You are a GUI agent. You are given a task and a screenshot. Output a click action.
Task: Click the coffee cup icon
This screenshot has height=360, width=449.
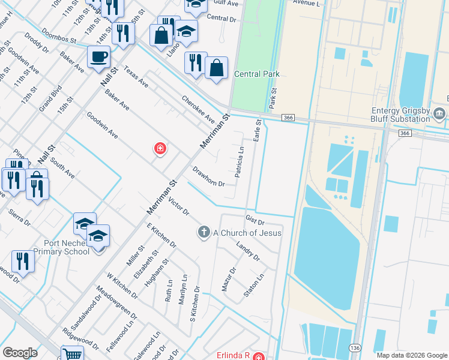point(98,58)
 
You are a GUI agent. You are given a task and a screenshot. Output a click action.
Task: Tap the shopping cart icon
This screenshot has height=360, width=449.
point(72,355)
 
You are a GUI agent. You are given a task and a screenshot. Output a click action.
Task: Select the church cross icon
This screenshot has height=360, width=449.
point(204,232)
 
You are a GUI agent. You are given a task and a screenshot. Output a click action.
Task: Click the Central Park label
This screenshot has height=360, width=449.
point(257,74)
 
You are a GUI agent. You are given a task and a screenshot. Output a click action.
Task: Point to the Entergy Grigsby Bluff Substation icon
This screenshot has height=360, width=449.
point(439,113)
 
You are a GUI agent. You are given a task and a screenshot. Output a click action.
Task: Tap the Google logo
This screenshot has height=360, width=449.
point(20,353)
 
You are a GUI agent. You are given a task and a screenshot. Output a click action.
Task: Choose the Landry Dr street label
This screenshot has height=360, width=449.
point(247,251)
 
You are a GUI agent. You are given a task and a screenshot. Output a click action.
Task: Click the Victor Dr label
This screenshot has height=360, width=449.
point(178,205)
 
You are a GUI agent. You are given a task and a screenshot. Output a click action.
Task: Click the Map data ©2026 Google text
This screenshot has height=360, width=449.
point(411,355)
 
